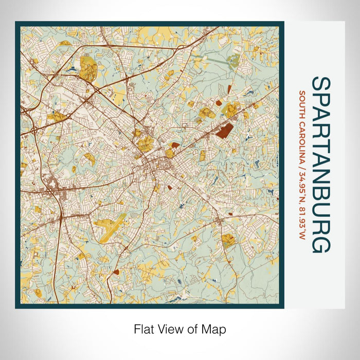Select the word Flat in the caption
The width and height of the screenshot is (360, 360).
[143, 328]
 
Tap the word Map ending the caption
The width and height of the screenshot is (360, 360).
[216, 328]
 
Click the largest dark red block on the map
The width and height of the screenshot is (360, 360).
[225, 130]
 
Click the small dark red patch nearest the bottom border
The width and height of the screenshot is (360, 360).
[117, 272]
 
